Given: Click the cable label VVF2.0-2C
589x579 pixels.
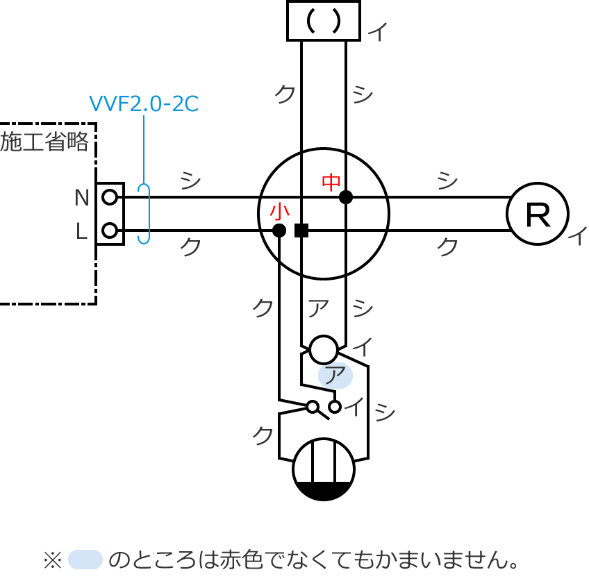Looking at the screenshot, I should [x=144, y=104].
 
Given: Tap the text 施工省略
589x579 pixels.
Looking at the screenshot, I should [x=45, y=142].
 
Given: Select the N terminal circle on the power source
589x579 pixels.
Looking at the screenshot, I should [x=109, y=197].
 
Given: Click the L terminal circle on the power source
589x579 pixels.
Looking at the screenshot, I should [x=109, y=230].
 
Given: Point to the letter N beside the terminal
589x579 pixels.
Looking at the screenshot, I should [x=82, y=199].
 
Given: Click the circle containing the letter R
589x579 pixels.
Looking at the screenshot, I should [x=538, y=214].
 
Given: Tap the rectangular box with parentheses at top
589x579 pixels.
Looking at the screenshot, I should [x=324, y=21].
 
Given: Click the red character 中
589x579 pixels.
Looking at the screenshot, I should [x=331, y=183].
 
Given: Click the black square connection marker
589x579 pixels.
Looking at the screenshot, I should [x=301, y=230].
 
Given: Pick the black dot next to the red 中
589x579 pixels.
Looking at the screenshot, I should [x=346, y=197].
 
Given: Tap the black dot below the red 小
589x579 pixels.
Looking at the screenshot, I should [x=279, y=230].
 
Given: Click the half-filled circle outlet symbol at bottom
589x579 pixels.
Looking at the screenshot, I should [x=324, y=469].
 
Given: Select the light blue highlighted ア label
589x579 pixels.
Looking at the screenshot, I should [x=335, y=376].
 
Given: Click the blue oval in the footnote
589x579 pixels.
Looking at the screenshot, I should [x=85, y=559].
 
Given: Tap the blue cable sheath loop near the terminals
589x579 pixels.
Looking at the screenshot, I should [x=144, y=214].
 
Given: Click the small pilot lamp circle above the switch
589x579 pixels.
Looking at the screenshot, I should [x=324, y=349].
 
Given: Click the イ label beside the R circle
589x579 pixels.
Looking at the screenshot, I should [x=576, y=236].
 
